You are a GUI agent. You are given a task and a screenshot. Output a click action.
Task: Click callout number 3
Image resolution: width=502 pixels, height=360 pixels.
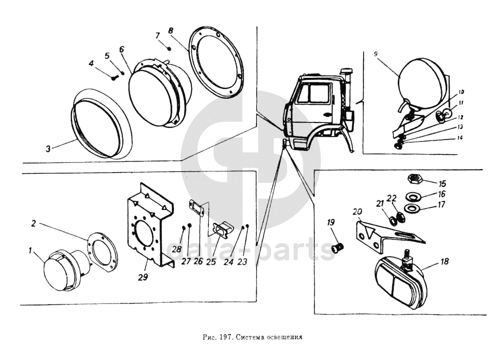coord(48,149)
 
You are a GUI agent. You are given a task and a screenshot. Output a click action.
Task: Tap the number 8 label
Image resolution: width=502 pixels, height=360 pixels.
coord(171,30)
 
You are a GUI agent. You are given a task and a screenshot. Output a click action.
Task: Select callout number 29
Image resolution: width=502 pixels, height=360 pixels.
coord(143,277)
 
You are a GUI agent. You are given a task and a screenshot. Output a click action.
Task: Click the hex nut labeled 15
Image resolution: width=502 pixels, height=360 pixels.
coord(414,179)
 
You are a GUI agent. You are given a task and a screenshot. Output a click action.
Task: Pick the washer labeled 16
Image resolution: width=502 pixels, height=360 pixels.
coord(413,197)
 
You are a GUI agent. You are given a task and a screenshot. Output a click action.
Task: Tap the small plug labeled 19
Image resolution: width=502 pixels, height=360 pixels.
coord(338,248)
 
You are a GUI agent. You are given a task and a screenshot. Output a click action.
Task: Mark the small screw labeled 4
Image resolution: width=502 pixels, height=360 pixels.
coord(114,77)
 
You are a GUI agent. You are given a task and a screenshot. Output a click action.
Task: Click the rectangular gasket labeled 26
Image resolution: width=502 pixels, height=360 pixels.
coord(198,208)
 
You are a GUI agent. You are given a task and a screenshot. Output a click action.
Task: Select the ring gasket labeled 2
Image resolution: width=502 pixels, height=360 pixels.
coord(103,250)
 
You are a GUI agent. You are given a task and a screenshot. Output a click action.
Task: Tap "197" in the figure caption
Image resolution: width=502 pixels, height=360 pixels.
coord(227,337)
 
